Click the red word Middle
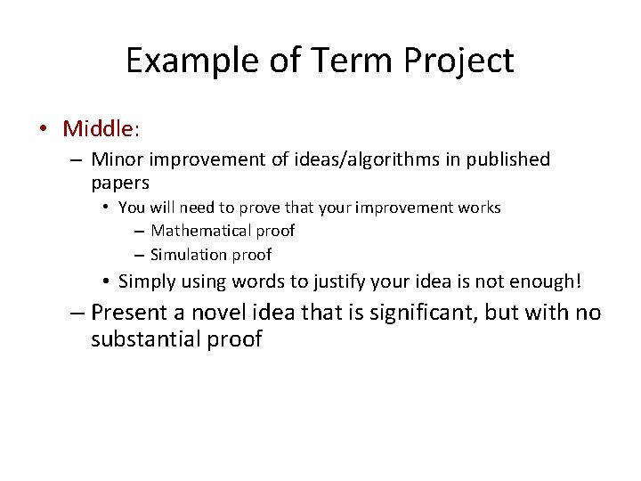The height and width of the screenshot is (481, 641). tap(97, 128)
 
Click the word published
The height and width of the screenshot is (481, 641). tap(507, 159)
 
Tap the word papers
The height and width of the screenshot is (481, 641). tap(119, 183)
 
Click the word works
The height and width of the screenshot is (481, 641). tap(480, 208)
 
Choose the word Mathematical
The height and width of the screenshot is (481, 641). tap(201, 231)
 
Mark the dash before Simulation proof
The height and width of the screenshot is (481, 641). tap(140, 255)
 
